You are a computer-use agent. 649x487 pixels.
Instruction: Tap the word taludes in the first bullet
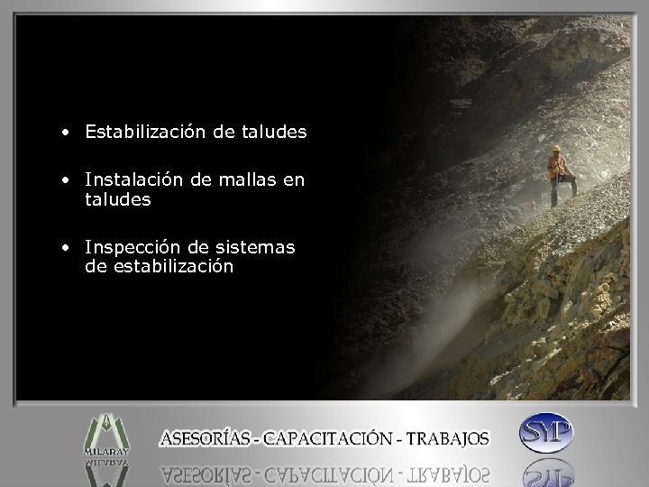pos(274,132)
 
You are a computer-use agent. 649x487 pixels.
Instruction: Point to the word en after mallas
pos(294,180)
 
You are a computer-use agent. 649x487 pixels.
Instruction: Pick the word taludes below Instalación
pos(118,200)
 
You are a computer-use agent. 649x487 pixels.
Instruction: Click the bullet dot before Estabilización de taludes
pos(67,133)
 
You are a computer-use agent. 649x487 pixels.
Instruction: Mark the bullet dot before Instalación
pos(67,181)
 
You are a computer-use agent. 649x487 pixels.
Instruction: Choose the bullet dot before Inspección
pos(67,247)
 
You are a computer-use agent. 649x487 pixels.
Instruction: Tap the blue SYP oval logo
pos(546,434)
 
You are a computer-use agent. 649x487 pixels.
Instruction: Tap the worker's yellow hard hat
pos(556,148)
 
